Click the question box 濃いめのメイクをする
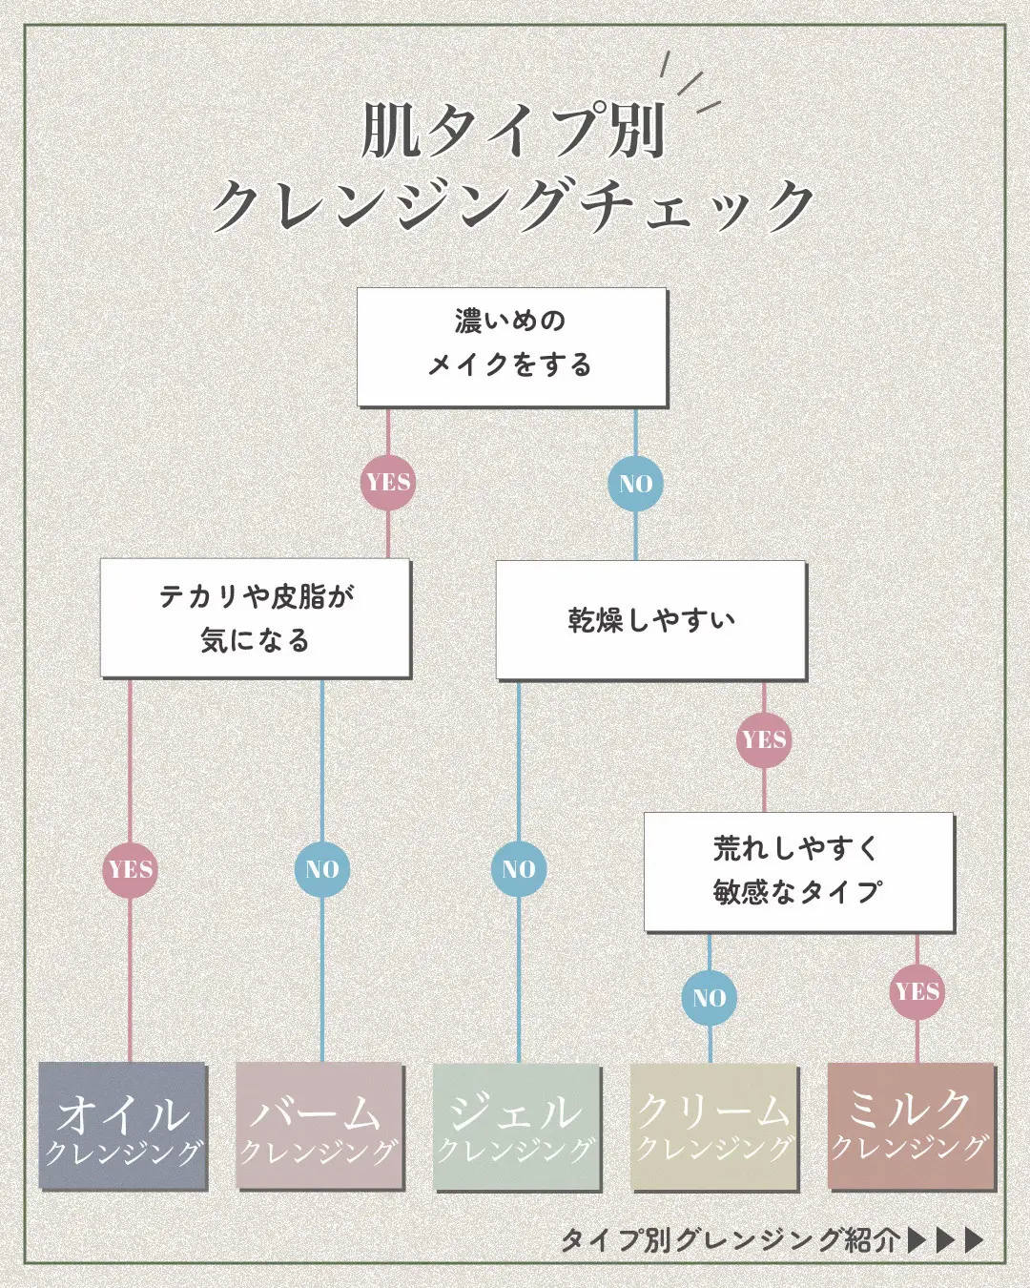(512, 347)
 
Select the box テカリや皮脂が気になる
(256, 618)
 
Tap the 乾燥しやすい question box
(651, 620)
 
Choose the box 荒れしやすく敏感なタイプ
(798, 871)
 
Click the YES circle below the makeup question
(388, 483)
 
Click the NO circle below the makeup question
(635, 484)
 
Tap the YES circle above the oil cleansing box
(131, 870)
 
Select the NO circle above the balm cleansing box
(322, 870)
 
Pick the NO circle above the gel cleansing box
(518, 869)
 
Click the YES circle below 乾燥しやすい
(764, 739)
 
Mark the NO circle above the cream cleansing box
(710, 998)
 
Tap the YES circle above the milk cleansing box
(917, 991)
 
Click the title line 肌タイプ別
(513, 130)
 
